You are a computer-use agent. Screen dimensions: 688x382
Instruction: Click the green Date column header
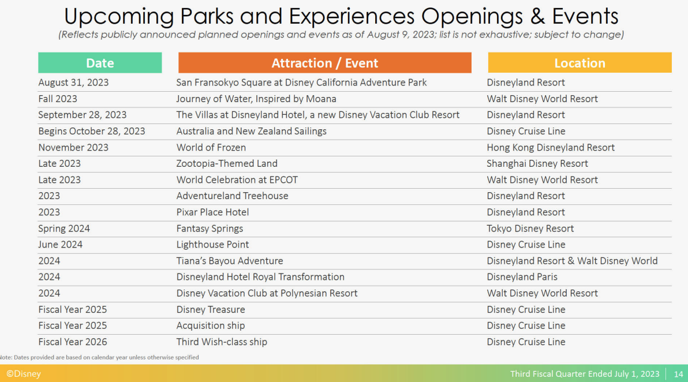(x=100, y=63)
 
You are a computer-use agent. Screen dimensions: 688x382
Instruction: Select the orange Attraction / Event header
(x=325, y=63)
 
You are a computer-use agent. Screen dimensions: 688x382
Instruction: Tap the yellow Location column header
(x=579, y=63)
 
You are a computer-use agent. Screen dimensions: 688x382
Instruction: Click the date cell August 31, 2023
(x=73, y=83)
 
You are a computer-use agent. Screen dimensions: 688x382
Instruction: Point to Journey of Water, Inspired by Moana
(x=256, y=99)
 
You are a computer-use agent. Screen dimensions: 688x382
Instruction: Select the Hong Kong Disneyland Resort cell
(x=550, y=147)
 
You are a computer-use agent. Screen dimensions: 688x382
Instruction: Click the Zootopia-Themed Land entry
(x=227, y=163)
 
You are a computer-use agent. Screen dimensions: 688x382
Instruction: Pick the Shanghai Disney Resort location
(x=537, y=163)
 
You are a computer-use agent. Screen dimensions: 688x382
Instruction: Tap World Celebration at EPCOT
(x=237, y=180)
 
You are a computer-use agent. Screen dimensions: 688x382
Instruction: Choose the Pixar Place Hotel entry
(x=212, y=212)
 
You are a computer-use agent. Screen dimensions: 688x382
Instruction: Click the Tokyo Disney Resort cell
(x=530, y=229)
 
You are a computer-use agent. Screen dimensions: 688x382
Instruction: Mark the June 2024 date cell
(x=60, y=245)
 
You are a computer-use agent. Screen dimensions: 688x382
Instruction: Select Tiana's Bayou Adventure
(x=230, y=261)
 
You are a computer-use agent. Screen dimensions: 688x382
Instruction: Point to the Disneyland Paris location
(x=522, y=277)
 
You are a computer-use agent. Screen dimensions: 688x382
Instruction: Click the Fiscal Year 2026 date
(x=72, y=342)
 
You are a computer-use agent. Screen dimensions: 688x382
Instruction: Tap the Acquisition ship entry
(x=211, y=325)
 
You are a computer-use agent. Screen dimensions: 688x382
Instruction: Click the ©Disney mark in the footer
(x=23, y=374)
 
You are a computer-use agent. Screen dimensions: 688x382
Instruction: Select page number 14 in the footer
(x=678, y=374)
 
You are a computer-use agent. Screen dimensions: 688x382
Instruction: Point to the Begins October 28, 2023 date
(x=91, y=131)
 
